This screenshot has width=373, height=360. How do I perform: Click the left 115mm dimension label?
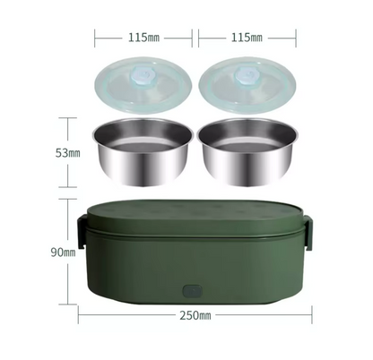click(x=143, y=38)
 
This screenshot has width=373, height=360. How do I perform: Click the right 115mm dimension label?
click(x=247, y=38)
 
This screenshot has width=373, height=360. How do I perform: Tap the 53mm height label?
click(x=68, y=153)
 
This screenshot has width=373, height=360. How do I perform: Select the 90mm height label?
click(x=63, y=253)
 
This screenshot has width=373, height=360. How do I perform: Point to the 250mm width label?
click(x=195, y=315)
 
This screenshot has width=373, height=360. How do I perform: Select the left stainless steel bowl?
click(x=143, y=151)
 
